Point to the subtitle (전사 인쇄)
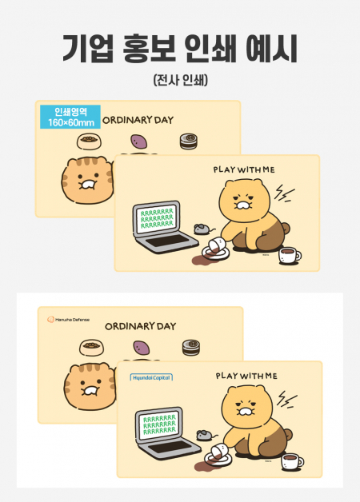179,80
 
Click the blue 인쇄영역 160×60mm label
70,117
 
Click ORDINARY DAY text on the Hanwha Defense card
141,326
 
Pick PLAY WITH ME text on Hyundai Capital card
246,375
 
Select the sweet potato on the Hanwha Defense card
139,348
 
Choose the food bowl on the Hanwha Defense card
90,348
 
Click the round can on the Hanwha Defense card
190,348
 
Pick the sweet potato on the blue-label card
139,142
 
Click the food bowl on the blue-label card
88,142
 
